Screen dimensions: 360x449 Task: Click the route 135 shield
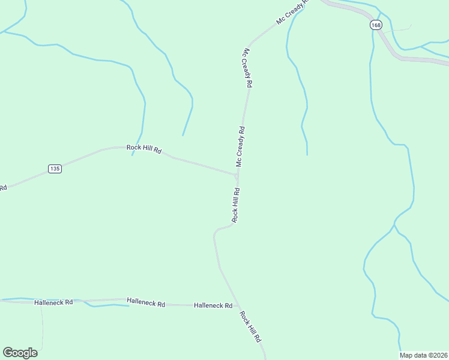(x=55, y=169)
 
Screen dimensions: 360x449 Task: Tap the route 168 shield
(x=376, y=25)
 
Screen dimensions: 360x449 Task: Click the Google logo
(x=20, y=352)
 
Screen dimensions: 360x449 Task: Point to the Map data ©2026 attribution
(x=423, y=355)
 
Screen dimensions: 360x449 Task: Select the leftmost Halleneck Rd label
(x=53, y=302)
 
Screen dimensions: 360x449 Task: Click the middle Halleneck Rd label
(x=146, y=304)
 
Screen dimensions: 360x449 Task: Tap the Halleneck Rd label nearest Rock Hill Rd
(x=213, y=305)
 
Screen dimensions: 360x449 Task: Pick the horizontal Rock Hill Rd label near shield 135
(x=144, y=149)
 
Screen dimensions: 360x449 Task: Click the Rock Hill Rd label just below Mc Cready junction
(x=236, y=206)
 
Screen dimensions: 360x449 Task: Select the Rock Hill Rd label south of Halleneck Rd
(x=251, y=327)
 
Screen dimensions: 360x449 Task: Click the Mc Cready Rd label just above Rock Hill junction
(x=240, y=147)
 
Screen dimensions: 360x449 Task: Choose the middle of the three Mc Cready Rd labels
(x=247, y=68)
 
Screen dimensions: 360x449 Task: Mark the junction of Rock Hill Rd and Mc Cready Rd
(x=238, y=176)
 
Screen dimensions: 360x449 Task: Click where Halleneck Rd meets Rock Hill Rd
(x=239, y=306)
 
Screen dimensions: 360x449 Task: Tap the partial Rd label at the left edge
(x=3, y=188)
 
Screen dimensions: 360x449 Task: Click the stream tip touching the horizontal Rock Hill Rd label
(x=133, y=155)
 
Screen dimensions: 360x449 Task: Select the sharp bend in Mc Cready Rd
(x=250, y=44)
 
